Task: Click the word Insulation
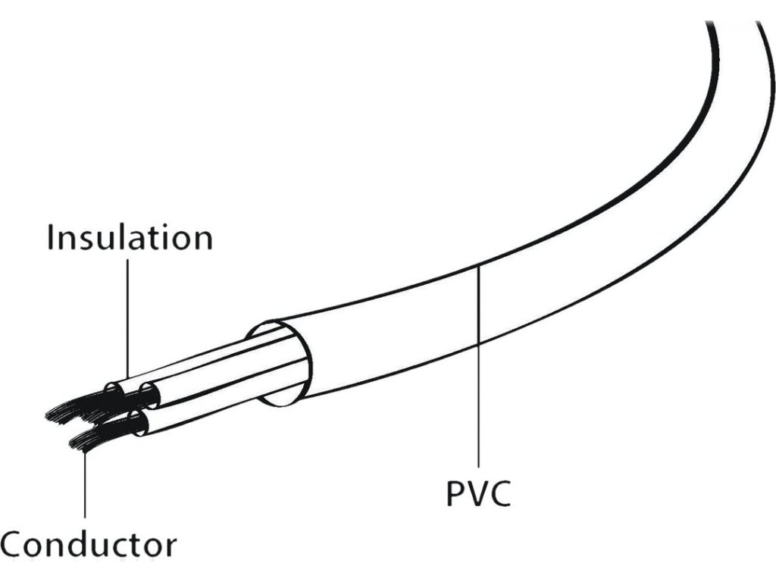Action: pos(130,237)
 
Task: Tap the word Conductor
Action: pos(89,544)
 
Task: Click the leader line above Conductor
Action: pos(85,485)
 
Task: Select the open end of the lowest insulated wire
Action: pos(140,424)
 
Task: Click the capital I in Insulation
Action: pos(51,237)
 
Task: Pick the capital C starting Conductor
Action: pos(15,544)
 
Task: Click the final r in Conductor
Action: pos(171,546)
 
